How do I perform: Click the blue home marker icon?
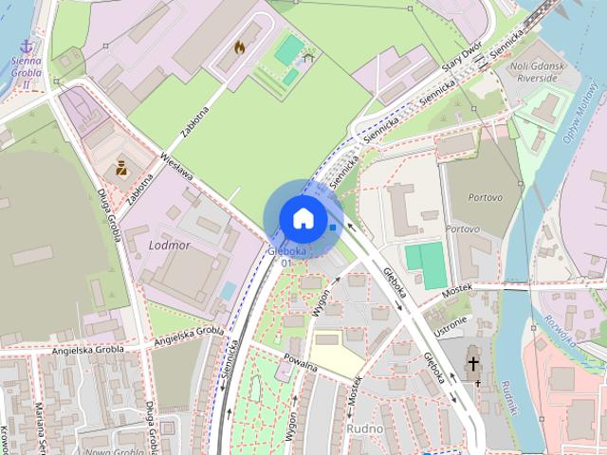(x=303, y=217)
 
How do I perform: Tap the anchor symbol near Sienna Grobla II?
(x=27, y=45)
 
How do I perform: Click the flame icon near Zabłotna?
(x=239, y=46)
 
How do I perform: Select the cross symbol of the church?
(x=473, y=363)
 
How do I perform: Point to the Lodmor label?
(x=170, y=245)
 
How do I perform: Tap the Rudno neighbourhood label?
(x=364, y=428)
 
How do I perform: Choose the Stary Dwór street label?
(x=464, y=60)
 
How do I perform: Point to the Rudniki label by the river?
(x=508, y=397)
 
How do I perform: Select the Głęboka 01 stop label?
(x=286, y=256)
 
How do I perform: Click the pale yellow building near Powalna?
(x=337, y=360)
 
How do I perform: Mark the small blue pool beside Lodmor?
(x=228, y=290)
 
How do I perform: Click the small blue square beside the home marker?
(x=332, y=227)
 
